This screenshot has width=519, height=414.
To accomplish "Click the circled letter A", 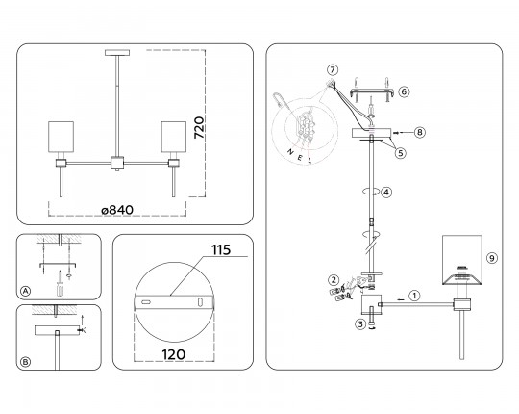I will pyautogui.click(x=25, y=291).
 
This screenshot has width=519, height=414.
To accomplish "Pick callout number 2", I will pyautogui.click(x=332, y=279).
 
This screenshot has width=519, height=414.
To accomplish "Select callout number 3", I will pyautogui.click(x=358, y=324).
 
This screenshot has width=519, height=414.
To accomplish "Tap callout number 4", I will pyautogui.click(x=385, y=192).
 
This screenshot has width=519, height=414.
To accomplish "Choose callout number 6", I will pyautogui.click(x=404, y=91).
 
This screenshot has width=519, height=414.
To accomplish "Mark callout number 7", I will pyautogui.click(x=332, y=70).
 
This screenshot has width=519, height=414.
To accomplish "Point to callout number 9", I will pyautogui.click(x=490, y=258).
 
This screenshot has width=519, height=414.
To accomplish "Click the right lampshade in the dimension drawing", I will pyautogui.click(x=174, y=140).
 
